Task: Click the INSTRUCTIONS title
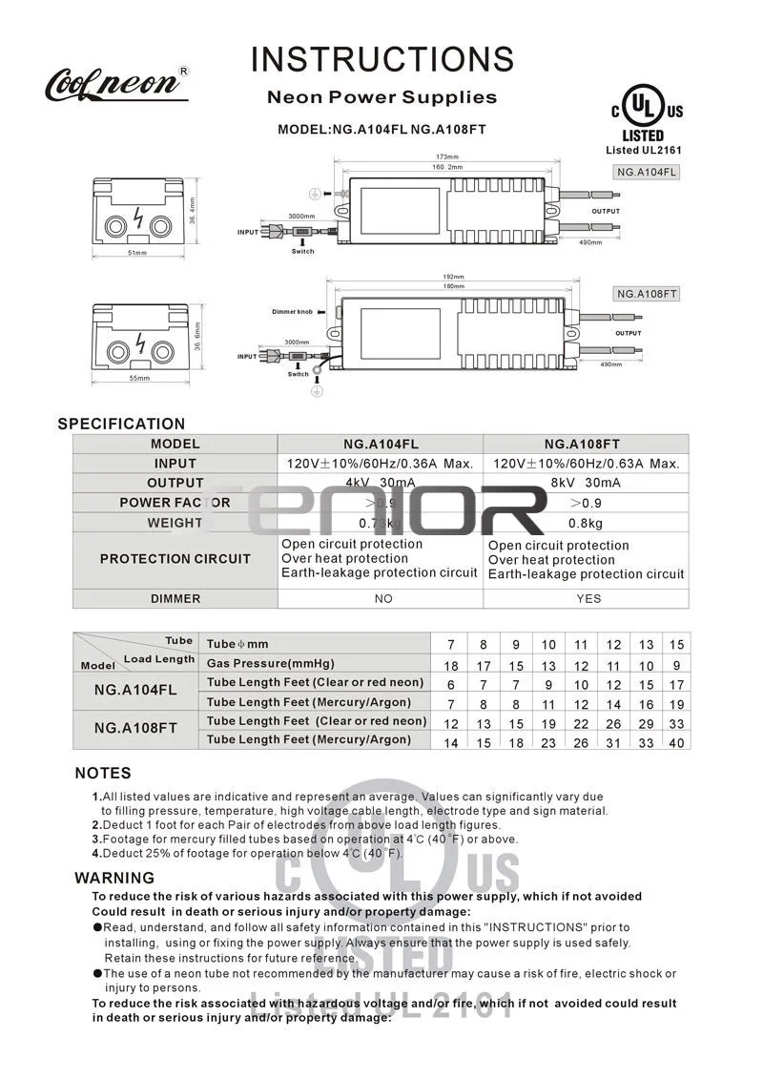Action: (x=381, y=59)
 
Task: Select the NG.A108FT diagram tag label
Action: (x=646, y=294)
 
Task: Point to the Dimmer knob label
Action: (x=292, y=312)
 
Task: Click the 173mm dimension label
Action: (x=447, y=156)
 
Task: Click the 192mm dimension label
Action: (x=452, y=277)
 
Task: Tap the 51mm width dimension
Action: (x=138, y=253)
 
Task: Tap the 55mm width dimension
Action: (x=139, y=379)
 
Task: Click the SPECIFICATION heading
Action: (x=121, y=424)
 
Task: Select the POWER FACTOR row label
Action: (x=175, y=503)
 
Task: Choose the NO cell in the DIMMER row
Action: (x=382, y=599)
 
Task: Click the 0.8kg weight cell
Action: (x=586, y=523)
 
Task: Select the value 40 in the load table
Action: (x=676, y=743)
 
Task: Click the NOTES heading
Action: (x=103, y=774)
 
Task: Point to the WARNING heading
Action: (x=114, y=878)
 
